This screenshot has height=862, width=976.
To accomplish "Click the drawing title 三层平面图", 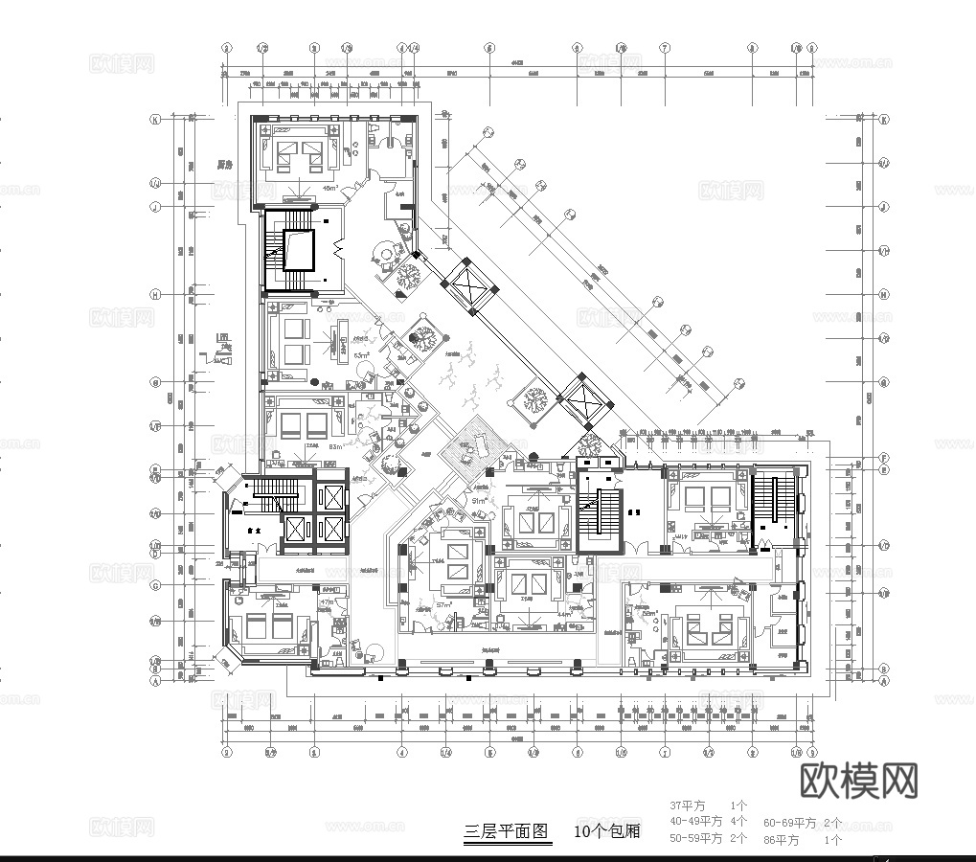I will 507,831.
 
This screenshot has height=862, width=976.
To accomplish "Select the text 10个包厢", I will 607,831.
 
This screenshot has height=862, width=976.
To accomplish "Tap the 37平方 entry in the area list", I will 687,805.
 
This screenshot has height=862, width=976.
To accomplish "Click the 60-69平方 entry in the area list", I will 789,823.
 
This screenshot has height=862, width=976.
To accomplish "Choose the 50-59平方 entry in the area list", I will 695,838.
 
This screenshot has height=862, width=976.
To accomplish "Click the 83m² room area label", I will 336,447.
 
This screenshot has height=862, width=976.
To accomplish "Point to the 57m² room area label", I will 443,606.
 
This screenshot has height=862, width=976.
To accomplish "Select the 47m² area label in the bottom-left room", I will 327,602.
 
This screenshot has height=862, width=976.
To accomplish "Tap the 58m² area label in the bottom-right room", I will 648,615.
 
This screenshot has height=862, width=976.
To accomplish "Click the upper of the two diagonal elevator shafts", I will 469,284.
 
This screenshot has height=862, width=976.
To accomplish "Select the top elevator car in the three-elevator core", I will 330,497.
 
